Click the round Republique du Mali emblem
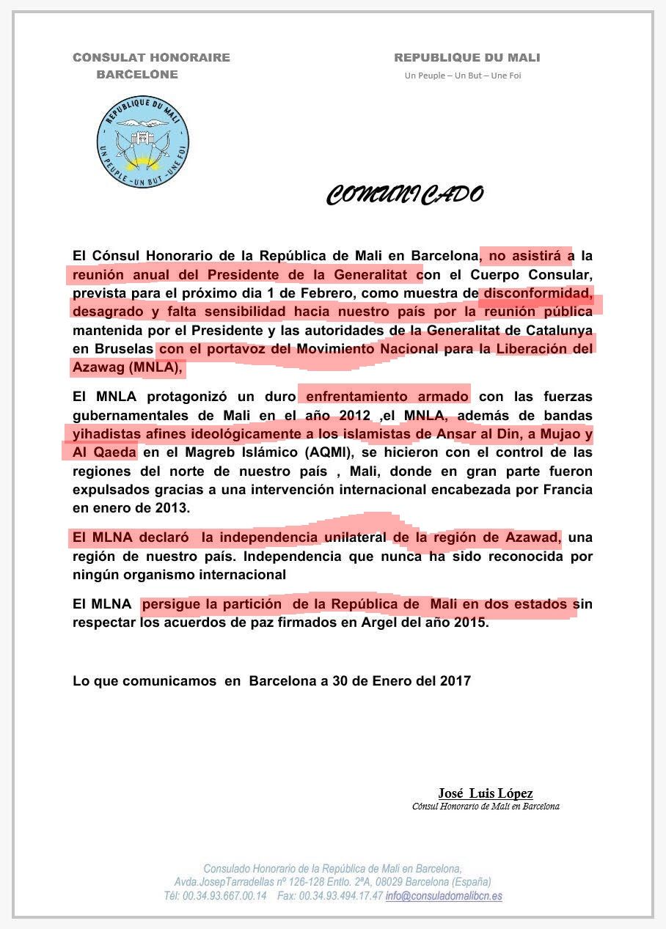coord(143,141)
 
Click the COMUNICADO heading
coord(405,195)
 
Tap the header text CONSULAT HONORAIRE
coord(151,57)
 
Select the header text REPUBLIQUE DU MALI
coord(466,57)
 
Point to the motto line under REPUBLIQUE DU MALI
coord(463,76)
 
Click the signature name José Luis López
coord(486,793)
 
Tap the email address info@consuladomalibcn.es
coord(444,896)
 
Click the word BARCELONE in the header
coord(137,74)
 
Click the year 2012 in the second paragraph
coord(354,416)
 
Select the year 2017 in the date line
coord(455,680)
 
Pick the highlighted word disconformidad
coord(536,293)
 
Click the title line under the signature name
coord(486,807)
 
